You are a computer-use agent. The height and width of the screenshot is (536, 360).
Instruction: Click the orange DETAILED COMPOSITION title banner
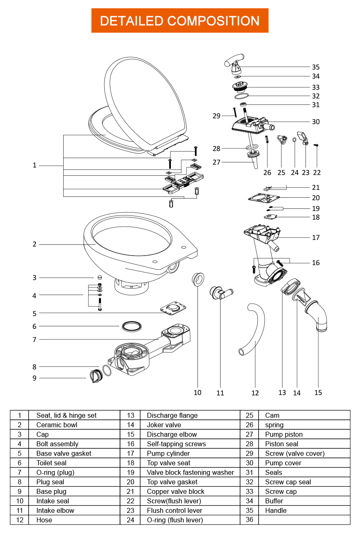point(180,21)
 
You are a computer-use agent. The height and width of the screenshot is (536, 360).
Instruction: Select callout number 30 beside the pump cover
point(316,122)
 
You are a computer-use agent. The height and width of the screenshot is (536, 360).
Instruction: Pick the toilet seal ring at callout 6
point(132,326)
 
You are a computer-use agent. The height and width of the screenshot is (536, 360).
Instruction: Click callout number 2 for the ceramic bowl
point(35,244)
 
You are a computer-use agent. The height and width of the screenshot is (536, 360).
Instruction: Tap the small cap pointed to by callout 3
point(100,277)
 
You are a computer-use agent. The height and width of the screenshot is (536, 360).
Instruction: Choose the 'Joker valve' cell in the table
point(164,425)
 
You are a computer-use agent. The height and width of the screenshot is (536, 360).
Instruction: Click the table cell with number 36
point(250,519)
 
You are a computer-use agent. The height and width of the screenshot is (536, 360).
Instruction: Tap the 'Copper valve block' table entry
point(175,491)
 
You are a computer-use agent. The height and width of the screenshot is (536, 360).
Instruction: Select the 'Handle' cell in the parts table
point(276,510)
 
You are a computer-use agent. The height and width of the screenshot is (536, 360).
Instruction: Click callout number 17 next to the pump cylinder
point(316,237)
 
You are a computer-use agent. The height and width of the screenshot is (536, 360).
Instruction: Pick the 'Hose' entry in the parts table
point(44,520)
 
